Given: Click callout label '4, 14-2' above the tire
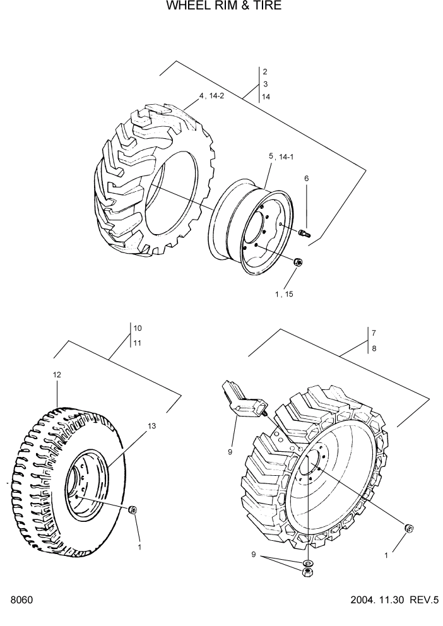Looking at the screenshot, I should pos(211,96).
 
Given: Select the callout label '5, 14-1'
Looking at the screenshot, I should pos(281,156).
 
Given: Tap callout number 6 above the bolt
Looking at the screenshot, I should pos(307,179).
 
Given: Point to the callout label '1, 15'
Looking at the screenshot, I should pos(283,293).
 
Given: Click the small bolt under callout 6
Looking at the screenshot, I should pos(305,234).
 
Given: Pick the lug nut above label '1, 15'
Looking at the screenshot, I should pos(298,262).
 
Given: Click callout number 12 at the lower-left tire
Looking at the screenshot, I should pos(57,375).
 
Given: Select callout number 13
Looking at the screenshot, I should pos(151,427).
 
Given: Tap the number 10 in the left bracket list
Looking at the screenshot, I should pos(138,328).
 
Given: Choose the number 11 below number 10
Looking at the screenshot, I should pos(138,343).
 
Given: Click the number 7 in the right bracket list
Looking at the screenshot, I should pos(374,333).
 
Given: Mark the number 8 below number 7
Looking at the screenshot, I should pos(374,348).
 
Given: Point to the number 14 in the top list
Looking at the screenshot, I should pos(266,97).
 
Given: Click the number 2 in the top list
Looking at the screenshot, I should pos(265,72).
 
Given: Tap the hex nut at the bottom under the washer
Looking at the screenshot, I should pos(307,572).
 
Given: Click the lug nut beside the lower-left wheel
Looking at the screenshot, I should pos(133,510).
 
